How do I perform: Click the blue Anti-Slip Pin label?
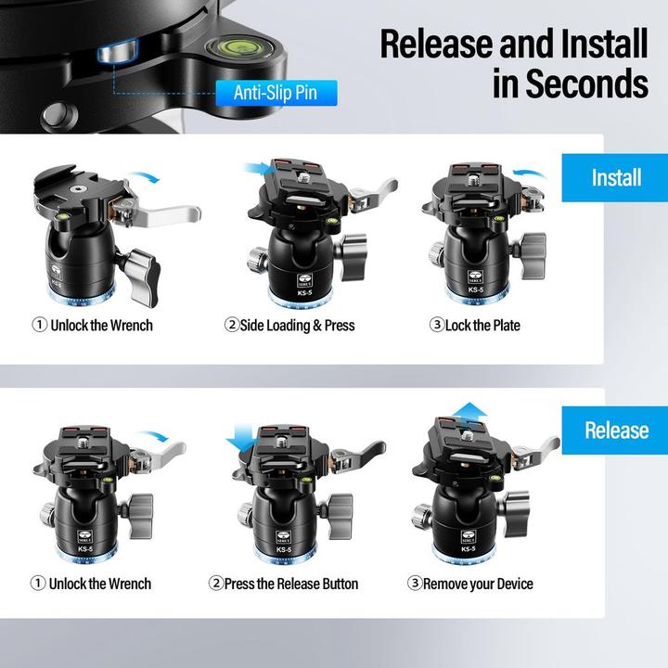tap(276, 93)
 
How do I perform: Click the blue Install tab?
tap(615, 177)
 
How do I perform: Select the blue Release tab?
tap(615, 430)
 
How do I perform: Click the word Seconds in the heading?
tap(587, 83)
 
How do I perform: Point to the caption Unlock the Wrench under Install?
tap(101, 326)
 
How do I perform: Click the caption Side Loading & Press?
tap(298, 326)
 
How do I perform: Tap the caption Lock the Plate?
tap(482, 326)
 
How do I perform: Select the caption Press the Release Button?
tap(291, 584)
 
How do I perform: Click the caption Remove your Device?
tap(478, 584)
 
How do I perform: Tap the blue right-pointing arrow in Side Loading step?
tap(260, 168)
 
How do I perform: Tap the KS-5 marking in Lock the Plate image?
tap(475, 289)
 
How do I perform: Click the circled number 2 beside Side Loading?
tap(231, 325)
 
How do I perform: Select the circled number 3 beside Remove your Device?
tap(415, 583)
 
